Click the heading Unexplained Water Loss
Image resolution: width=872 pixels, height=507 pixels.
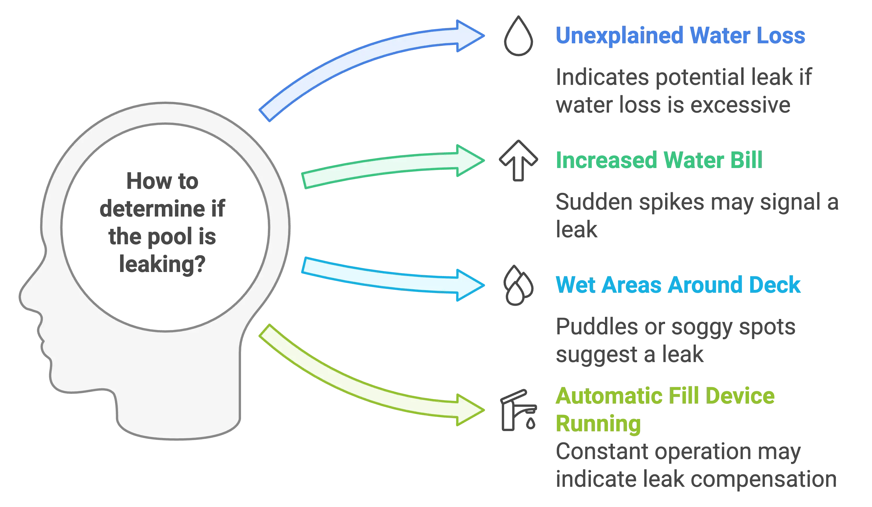(680, 36)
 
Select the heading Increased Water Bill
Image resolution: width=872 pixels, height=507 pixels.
(658, 160)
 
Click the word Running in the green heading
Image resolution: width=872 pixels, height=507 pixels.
(599, 424)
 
